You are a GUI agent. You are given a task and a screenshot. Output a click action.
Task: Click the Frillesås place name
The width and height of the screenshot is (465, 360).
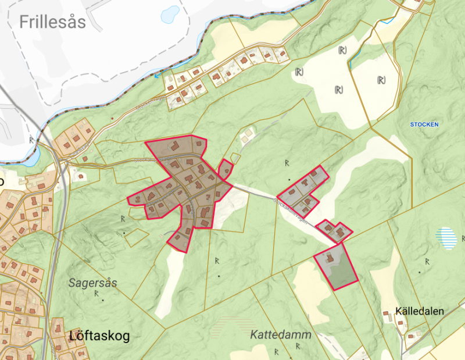point(52,23)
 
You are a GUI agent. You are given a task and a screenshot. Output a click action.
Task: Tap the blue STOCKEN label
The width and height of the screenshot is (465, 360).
point(424,124)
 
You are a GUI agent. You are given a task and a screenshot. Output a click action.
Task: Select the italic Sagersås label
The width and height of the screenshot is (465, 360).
point(93,283)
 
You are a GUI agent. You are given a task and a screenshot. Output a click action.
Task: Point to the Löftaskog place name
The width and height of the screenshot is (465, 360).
point(99,336)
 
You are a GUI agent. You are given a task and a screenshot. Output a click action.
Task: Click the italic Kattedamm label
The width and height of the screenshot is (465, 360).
point(281,335)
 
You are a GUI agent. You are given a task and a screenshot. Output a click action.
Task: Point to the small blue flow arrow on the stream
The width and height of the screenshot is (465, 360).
point(156,74)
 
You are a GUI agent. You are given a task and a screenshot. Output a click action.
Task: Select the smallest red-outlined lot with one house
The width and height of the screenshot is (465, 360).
point(226,169)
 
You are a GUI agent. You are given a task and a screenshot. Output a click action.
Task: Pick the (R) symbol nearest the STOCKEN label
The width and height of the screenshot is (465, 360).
point(381,80)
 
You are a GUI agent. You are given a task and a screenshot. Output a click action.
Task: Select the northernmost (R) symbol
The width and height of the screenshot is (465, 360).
point(342,51)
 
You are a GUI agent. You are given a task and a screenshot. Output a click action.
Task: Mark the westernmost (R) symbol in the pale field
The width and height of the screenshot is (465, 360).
point(299,72)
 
